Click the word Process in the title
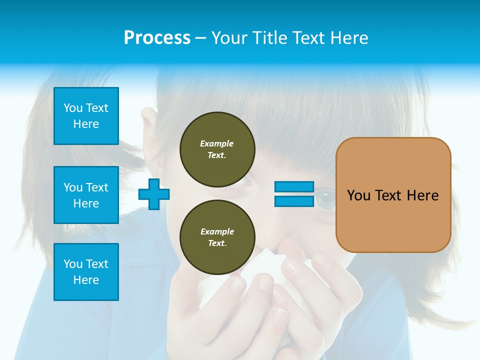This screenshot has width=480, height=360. click(x=157, y=38)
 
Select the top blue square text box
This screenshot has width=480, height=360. click(x=86, y=116)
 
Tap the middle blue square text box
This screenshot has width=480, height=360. click(x=86, y=195)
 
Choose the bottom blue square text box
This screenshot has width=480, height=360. click(x=86, y=272)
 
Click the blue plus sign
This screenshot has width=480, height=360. click(x=154, y=194)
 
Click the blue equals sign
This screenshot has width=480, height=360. click(x=294, y=194)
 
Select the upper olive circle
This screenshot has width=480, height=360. click(x=217, y=149)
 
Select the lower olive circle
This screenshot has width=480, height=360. click(x=217, y=237)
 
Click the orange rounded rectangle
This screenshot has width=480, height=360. click(x=393, y=195)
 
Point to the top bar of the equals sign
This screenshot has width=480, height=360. click(x=294, y=187)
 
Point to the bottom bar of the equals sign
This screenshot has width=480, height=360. click(x=294, y=201)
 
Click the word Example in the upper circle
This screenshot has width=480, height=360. click(x=216, y=143)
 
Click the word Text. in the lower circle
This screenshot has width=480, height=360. click(x=217, y=243)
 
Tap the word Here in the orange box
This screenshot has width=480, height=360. click(x=422, y=195)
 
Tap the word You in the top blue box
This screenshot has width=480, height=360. click(x=72, y=108)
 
